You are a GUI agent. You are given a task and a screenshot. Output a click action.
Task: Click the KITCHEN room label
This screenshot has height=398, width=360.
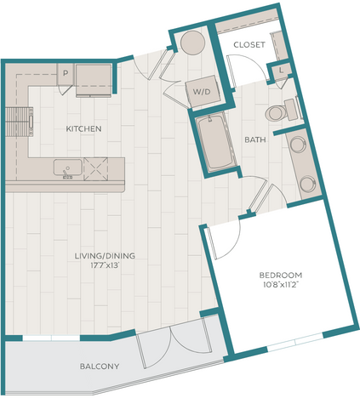84,129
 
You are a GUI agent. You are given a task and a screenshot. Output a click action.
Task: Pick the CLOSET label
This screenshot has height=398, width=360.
249,44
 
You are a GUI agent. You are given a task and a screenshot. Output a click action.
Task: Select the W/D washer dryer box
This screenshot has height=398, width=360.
203,91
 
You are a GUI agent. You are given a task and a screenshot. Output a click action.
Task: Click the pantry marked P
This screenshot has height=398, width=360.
65,74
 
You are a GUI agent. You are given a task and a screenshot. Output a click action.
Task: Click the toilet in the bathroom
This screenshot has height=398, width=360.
278,113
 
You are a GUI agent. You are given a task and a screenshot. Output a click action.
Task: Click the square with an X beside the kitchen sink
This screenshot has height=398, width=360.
98,169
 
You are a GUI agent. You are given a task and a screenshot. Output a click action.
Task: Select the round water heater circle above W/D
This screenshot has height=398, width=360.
192,43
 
